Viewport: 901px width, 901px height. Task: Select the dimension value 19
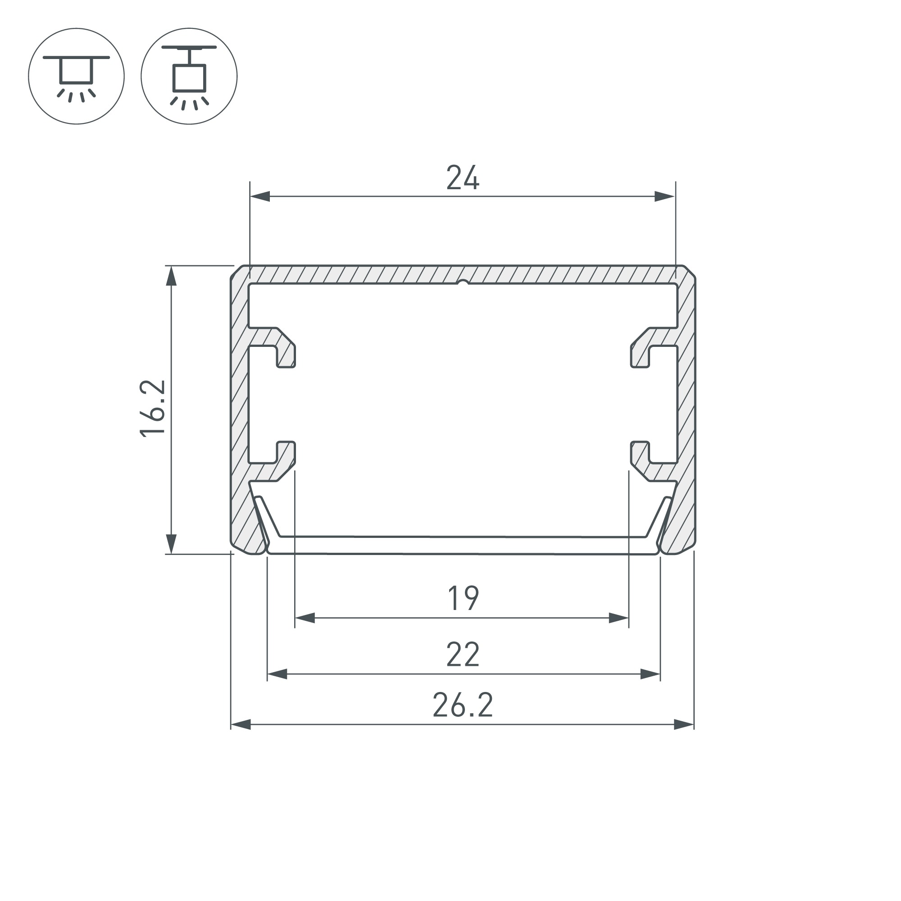tap(463, 598)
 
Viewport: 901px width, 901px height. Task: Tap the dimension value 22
tap(463, 654)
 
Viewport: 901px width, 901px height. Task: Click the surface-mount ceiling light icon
tap(77, 76)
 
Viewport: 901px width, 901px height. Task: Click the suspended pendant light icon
tap(189, 76)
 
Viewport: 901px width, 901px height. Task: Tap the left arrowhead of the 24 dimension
tap(260, 196)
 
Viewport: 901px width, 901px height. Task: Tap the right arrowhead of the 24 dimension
tap(665, 196)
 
